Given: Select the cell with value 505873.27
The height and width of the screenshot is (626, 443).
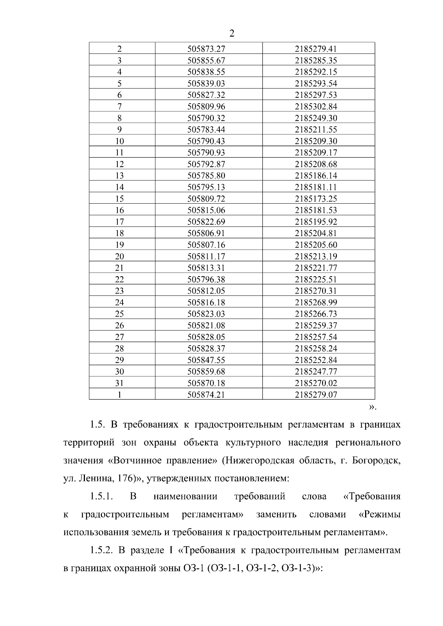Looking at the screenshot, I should [206, 49].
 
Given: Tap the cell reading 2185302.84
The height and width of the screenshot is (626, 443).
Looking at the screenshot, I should [316, 107].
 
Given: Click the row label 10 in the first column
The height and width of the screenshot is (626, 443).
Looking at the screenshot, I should [119, 141].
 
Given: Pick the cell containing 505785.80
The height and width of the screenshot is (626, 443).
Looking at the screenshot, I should [206, 176].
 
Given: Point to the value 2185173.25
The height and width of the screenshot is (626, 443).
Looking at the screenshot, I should [316, 199].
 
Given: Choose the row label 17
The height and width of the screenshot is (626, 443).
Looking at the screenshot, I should [119, 222].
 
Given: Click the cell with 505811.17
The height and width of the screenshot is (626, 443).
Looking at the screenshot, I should [206, 256].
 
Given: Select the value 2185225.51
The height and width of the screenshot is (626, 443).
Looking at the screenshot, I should [316, 279].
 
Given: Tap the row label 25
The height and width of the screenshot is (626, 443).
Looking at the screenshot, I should [119, 314].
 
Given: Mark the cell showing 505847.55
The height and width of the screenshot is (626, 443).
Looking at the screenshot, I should [206, 360].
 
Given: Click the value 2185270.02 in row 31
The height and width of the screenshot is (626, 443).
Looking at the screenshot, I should [316, 383].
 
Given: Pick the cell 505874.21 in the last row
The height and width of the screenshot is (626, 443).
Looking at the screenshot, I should [206, 395].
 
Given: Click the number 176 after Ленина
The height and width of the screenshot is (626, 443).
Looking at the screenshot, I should [124, 479].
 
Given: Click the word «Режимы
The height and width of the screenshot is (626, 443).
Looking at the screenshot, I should [380, 515].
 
